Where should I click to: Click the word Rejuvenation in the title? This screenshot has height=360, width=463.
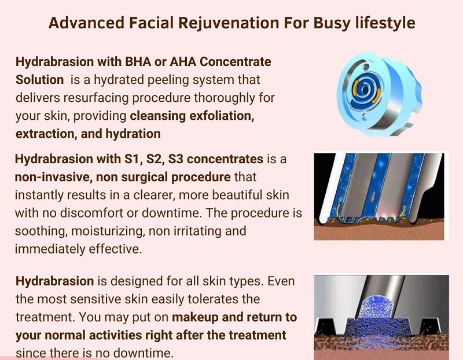click(x=229, y=23)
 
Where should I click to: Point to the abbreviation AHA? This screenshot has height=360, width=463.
click(x=183, y=62)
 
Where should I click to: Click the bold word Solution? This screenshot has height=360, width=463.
click(x=39, y=80)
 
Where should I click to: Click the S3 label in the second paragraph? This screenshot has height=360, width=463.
click(x=176, y=159)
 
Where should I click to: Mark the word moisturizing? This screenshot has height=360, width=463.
click(x=108, y=232)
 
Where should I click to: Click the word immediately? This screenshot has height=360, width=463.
click(x=50, y=249)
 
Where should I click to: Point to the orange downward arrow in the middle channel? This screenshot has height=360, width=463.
click(x=373, y=197)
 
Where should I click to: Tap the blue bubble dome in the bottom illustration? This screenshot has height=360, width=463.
click(x=376, y=307)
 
